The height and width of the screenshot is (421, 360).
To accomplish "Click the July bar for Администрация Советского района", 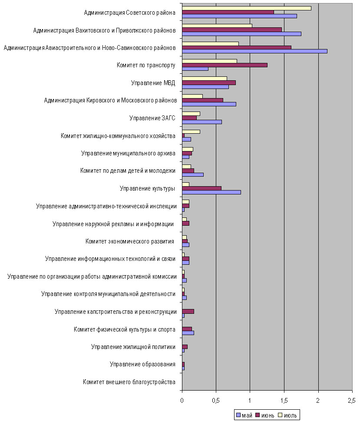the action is (x=247, y=8).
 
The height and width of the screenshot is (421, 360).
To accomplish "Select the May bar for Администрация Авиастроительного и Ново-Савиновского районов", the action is (x=254, y=51).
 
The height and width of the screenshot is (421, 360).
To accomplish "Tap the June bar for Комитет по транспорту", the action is (x=225, y=65).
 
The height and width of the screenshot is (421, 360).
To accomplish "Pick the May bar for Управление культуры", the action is (x=211, y=192).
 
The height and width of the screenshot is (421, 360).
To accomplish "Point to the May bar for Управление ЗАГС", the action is (x=202, y=122).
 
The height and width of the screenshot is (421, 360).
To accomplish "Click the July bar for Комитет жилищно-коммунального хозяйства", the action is (x=191, y=132).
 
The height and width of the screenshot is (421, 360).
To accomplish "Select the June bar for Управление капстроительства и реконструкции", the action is (x=188, y=312).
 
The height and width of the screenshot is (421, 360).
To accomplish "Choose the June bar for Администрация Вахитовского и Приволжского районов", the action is (x=232, y=30).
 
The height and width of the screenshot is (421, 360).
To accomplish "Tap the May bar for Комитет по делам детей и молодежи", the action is (x=193, y=174).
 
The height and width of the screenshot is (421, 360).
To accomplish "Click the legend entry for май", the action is (x=244, y=415).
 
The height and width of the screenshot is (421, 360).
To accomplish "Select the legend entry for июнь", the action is (x=264, y=415).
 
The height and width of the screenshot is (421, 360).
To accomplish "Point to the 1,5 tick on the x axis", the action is (x=284, y=390).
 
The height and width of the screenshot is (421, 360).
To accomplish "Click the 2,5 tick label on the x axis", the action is (x=352, y=401).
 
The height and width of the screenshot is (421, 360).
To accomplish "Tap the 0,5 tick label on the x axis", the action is (x=215, y=401).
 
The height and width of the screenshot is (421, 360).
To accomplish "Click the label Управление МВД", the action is (x=153, y=83).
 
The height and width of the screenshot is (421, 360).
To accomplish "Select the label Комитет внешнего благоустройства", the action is (x=129, y=382).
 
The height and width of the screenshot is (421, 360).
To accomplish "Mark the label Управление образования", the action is (x=142, y=364).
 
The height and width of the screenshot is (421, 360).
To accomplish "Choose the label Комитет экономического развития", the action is (x=130, y=241).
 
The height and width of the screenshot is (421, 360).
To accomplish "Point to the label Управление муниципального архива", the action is (x=128, y=153).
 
